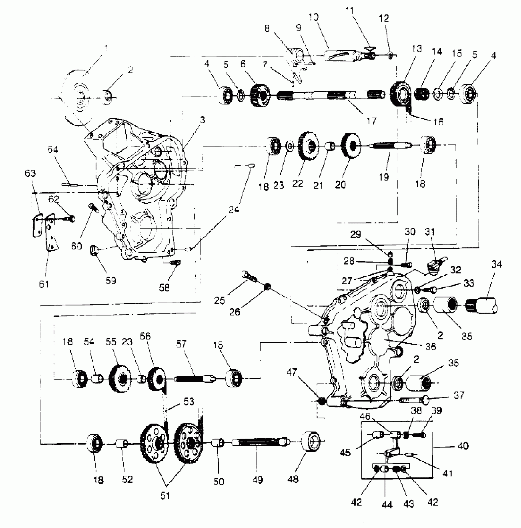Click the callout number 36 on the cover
click(x=431, y=347)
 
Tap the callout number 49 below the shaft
click(x=258, y=480)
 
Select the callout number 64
click(x=53, y=150)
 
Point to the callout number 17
click(x=371, y=121)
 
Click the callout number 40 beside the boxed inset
click(x=463, y=445)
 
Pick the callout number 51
click(x=165, y=495)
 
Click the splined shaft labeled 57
click(x=192, y=379)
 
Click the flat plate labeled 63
click(x=37, y=225)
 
